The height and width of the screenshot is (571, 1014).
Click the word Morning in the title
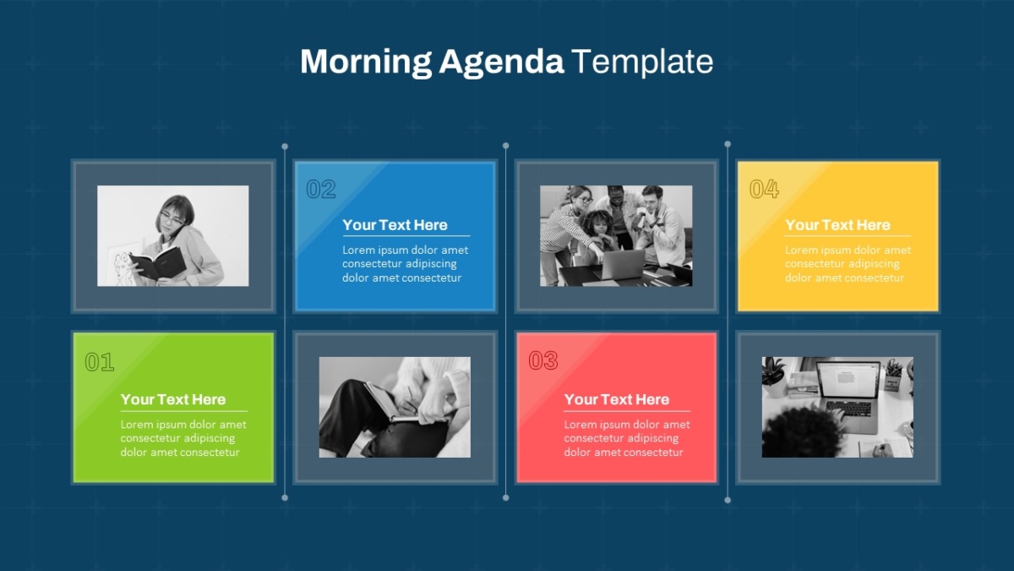point(366,63)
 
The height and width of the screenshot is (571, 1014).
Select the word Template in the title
point(642,62)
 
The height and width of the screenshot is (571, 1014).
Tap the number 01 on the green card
point(100,362)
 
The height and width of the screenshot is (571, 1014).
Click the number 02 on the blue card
point(321,189)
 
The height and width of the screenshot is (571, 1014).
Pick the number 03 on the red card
point(543,360)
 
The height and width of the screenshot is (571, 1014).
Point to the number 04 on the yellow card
point(764,189)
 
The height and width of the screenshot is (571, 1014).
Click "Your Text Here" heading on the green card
point(173,399)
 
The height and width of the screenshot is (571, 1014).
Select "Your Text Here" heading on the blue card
point(395,225)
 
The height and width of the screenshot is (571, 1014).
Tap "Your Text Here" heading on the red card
point(617,399)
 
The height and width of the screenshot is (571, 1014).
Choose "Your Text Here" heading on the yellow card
point(837,225)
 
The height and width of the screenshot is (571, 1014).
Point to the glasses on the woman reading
point(172,219)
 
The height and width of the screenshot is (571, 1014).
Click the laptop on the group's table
point(621,265)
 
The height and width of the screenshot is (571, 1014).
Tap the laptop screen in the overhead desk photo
point(848,380)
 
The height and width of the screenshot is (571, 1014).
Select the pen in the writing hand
point(412,398)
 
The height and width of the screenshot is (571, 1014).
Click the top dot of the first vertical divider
point(285,146)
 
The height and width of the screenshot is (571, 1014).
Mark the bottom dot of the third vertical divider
point(728,500)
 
